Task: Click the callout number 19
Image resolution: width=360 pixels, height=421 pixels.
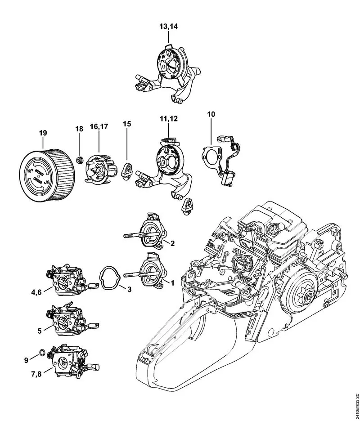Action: [43, 133]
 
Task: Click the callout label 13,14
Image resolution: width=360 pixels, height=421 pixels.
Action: [168, 27]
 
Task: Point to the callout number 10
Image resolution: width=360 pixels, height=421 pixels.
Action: [211, 115]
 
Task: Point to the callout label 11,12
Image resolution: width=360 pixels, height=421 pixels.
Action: [168, 119]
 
